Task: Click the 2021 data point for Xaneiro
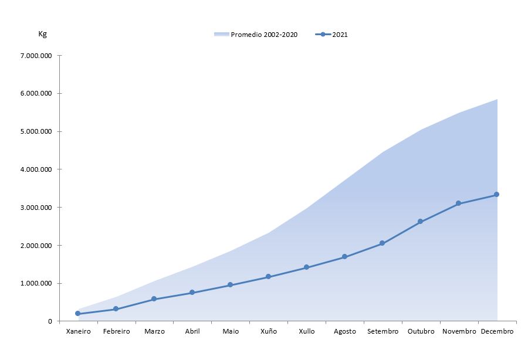[78, 314]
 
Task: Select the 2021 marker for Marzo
[154, 299]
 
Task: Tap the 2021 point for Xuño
[268, 277]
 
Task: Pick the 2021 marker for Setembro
[383, 243]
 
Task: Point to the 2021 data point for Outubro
[420, 222]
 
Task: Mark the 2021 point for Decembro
[496, 195]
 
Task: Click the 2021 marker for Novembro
[458, 203]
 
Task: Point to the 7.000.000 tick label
[36, 56]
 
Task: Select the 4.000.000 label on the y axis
[36, 169]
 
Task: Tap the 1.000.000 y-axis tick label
[36, 284]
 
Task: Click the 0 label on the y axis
[50, 321]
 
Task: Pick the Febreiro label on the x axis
[116, 332]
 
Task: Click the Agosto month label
[345, 332]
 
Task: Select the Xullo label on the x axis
[306, 332]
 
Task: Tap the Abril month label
[192, 332]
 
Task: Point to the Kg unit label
[42, 34]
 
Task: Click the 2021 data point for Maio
[230, 285]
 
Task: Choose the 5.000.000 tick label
[36, 131]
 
